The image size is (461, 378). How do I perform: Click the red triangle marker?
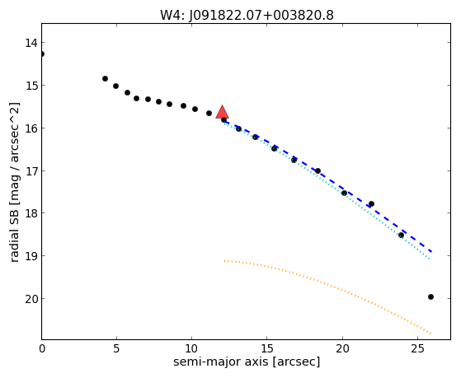click(223, 113)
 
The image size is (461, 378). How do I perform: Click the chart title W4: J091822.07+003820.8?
click(247, 16)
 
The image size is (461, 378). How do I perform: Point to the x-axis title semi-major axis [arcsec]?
click(247, 362)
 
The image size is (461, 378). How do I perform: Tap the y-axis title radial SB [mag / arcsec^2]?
click(15, 182)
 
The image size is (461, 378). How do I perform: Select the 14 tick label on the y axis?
click(31, 43)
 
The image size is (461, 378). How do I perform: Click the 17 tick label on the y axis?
click(31, 171)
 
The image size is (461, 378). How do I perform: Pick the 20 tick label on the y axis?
click(31, 299)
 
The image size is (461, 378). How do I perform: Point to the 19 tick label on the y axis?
click(31, 256)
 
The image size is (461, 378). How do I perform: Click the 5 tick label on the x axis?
click(117, 349)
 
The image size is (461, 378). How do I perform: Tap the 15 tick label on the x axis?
click(266, 349)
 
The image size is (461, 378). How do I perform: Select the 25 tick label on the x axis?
click(417, 349)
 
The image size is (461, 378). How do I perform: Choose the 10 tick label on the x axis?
click(191, 349)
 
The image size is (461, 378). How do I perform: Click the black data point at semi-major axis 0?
click(42, 54)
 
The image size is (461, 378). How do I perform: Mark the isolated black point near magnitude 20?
click(430, 297)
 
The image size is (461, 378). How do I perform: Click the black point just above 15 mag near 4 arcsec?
click(105, 79)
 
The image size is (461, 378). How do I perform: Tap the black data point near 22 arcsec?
click(371, 204)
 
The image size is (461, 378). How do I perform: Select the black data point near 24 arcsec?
click(401, 236)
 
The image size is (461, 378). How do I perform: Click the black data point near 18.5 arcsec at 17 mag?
click(318, 171)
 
